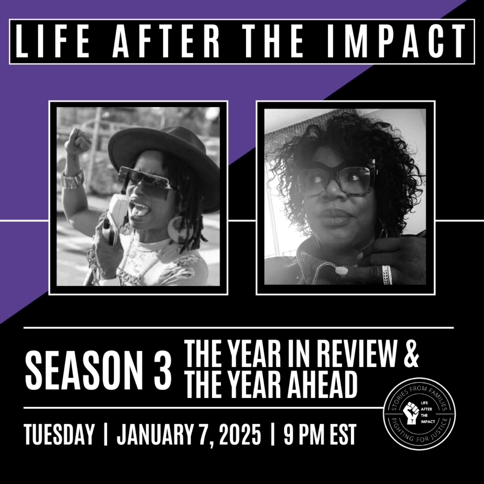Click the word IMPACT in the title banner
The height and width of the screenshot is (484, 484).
point(396,41)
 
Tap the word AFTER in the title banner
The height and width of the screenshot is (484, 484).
point(166,41)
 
